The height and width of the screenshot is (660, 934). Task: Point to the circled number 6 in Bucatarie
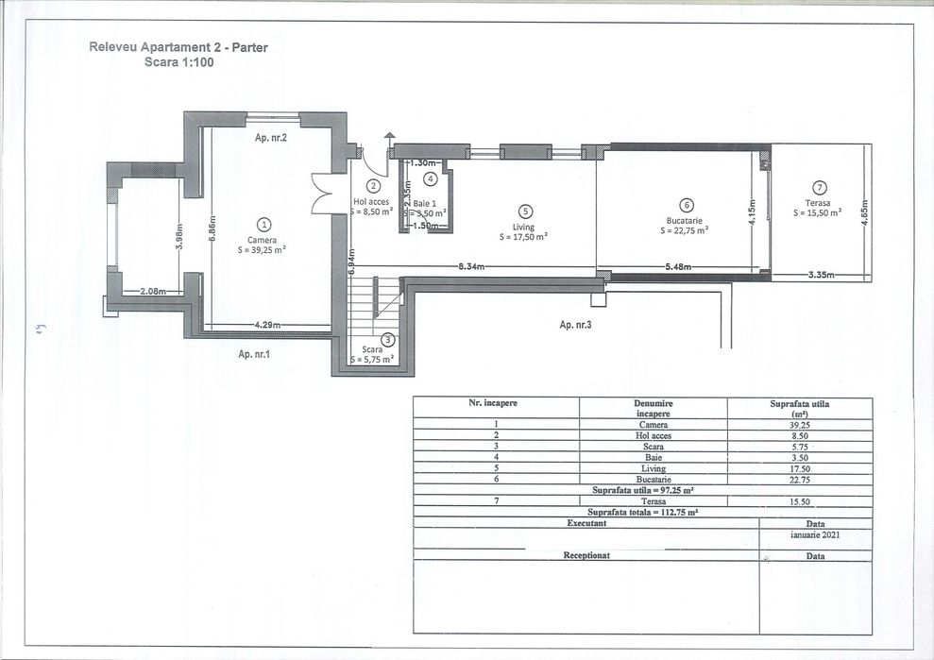(x=687, y=204)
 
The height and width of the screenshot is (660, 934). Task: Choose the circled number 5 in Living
(x=526, y=212)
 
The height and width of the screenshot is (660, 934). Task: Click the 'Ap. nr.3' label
(x=577, y=324)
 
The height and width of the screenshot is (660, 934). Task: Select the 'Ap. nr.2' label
(x=271, y=138)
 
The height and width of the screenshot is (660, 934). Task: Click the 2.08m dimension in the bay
(x=153, y=292)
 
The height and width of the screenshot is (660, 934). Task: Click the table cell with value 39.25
(x=799, y=425)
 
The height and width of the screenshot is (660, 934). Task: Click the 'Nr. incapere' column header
(x=493, y=403)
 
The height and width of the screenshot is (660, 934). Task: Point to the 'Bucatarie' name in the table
(x=653, y=479)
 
